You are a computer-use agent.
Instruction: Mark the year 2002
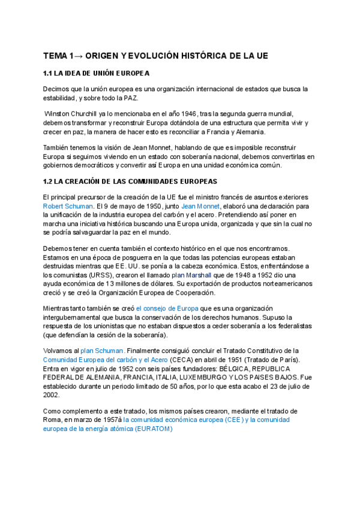(51, 396)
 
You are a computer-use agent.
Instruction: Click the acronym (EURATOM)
(153, 429)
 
